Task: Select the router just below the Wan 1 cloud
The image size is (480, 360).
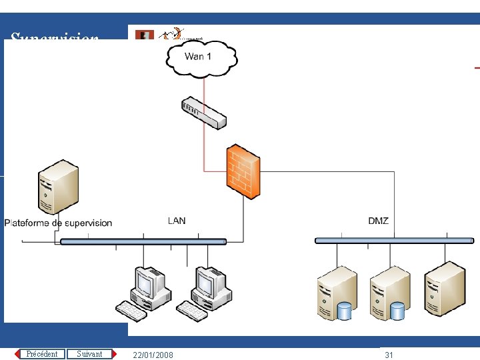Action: tap(204, 113)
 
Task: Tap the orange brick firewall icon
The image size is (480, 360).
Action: tap(243, 171)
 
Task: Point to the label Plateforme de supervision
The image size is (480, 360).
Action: tap(59, 223)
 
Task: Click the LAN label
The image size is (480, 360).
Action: tap(177, 221)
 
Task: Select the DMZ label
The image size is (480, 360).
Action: tap(378, 221)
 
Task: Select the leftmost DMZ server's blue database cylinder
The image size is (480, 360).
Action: tap(344, 311)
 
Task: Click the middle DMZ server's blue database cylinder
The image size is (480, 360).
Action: tap(397, 311)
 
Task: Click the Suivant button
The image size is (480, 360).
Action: tap(89, 354)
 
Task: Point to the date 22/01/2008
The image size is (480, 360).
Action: tap(153, 355)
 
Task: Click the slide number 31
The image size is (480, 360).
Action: tap(389, 355)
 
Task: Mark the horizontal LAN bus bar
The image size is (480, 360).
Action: tap(143, 241)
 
